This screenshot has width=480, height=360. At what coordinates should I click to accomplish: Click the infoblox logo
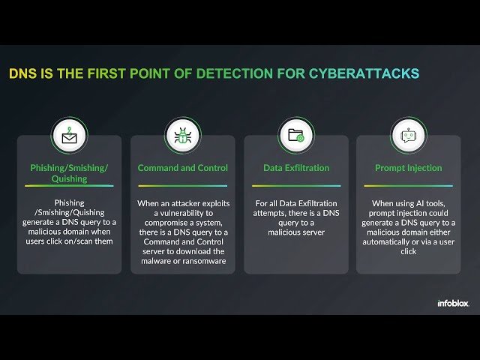tap(451, 304)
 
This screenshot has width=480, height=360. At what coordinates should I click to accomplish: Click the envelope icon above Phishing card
tap(69, 135)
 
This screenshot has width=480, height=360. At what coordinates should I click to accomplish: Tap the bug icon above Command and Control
tap(183, 135)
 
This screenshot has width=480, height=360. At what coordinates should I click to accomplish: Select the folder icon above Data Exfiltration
tap(296, 135)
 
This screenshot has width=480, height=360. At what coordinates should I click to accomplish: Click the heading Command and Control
tap(183, 168)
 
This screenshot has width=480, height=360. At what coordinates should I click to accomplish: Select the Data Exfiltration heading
tap(296, 168)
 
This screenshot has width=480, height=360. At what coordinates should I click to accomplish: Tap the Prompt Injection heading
tap(409, 168)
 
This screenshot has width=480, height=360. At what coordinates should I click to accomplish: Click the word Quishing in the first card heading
tap(69, 179)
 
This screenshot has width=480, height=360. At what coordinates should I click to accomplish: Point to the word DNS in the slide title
tap(22, 73)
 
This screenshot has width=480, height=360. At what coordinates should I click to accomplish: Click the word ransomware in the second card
tap(202, 262)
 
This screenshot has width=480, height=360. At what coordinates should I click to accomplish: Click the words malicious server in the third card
tap(296, 232)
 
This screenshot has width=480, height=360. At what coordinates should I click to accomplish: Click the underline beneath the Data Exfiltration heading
tap(296, 185)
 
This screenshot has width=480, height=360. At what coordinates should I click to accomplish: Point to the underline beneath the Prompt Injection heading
tap(409, 185)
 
